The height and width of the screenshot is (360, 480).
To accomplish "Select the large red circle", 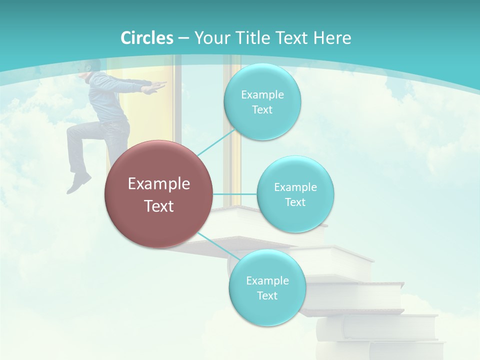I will [x=158, y=193].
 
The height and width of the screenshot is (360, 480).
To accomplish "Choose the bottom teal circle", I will [x=267, y=287].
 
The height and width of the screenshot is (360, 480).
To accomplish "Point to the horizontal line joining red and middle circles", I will [x=234, y=193].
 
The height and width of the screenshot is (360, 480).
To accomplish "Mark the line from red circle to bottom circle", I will [x=215, y=245].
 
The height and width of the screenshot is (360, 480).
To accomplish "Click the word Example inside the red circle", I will [x=159, y=184].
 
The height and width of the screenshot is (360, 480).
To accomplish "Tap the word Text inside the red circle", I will [x=159, y=206].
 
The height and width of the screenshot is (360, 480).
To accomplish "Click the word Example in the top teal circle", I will [x=262, y=94].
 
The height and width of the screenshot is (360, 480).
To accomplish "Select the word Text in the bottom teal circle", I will [x=267, y=295].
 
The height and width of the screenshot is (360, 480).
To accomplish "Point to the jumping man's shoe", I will [x=78, y=183].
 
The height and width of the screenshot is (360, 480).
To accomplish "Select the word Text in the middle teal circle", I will [x=295, y=202].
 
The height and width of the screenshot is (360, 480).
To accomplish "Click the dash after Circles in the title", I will [x=183, y=38].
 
